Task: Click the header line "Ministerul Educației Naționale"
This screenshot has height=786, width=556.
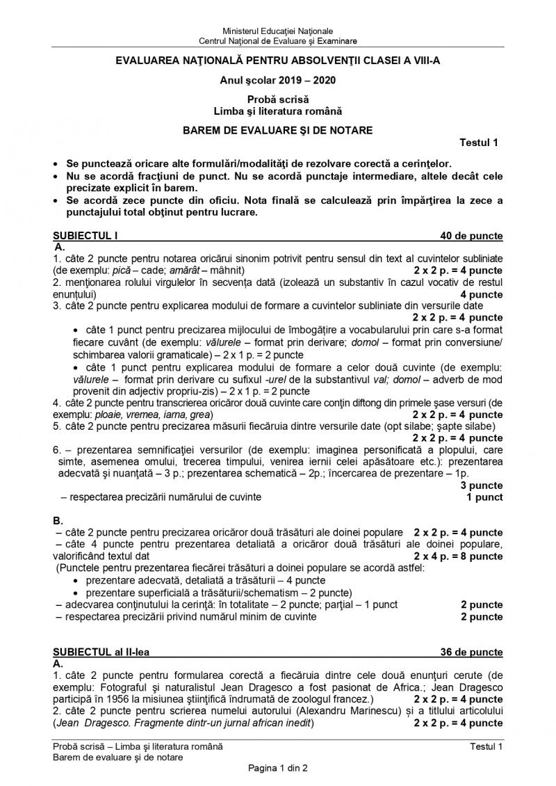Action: click(277, 31)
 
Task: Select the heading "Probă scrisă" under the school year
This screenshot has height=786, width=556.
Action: click(277, 100)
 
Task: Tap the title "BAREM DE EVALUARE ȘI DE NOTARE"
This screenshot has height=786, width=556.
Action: click(277, 130)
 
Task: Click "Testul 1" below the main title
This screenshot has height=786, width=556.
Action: click(480, 143)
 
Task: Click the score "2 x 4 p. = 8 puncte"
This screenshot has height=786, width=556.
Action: click(458, 556)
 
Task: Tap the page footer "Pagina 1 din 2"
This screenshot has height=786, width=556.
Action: click(277, 768)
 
